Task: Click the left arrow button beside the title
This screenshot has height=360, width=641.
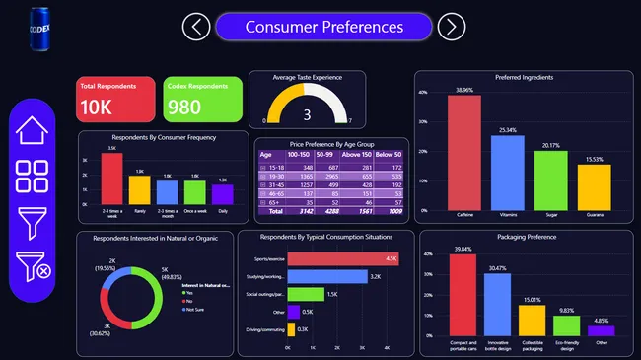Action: (x=196, y=27)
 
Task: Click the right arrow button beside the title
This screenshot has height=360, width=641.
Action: (x=451, y=27)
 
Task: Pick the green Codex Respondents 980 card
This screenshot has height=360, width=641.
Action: (x=203, y=100)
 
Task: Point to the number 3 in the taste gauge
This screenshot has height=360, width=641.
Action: (x=307, y=115)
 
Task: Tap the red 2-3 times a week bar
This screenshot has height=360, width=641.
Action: (x=112, y=179)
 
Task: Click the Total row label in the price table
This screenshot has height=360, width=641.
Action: (x=270, y=210)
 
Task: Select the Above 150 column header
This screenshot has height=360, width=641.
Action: (x=360, y=155)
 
